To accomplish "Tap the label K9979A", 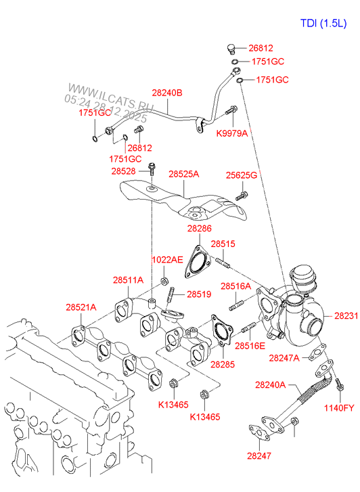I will [x=232, y=133].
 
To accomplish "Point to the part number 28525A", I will [x=183, y=174].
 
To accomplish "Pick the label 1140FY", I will [x=339, y=407].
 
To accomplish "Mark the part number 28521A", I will [x=81, y=307].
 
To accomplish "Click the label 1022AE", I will [x=166, y=259].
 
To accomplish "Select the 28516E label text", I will [x=251, y=345].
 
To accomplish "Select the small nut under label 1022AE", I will [x=164, y=279].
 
